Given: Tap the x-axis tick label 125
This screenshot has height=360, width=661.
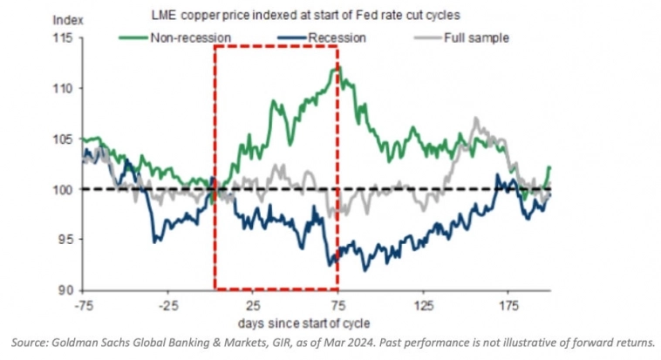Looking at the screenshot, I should [424, 306].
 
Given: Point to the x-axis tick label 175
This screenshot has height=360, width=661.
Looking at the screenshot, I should [509, 306].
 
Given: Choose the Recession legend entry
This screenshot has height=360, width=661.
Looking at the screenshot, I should [336, 38].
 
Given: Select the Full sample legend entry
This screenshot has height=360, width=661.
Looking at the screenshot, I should [476, 38].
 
